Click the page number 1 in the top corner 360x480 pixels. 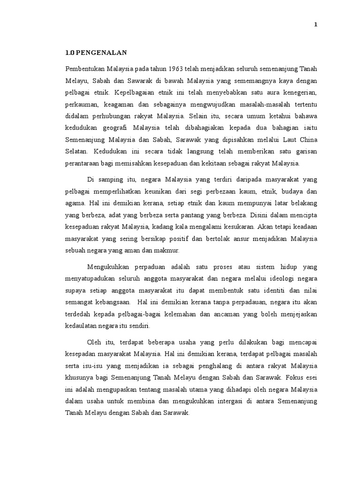tap(315, 25)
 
